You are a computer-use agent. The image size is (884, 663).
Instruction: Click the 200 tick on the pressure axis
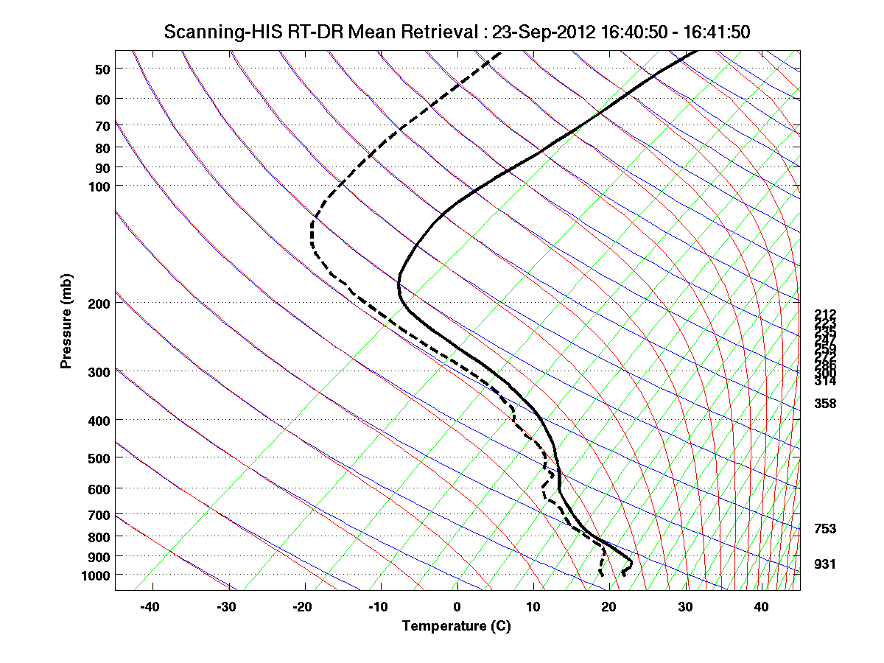pyautogui.click(x=100, y=303)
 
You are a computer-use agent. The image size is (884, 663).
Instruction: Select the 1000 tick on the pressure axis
pyautogui.click(x=97, y=575)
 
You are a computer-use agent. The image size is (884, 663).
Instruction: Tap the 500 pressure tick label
pyautogui.click(x=100, y=458)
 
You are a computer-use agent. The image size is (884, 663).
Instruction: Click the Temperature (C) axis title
pyautogui.click(x=456, y=626)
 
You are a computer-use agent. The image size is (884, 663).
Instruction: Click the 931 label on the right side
pyautogui.click(x=824, y=564)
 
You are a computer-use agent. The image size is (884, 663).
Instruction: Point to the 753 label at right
pyautogui.click(x=824, y=529)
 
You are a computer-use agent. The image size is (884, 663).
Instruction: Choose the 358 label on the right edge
pyautogui.click(x=824, y=404)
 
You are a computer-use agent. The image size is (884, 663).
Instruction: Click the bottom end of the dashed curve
pyautogui.click(x=603, y=575)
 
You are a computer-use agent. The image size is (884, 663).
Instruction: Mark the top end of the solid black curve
pyautogui.click(x=695, y=52)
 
